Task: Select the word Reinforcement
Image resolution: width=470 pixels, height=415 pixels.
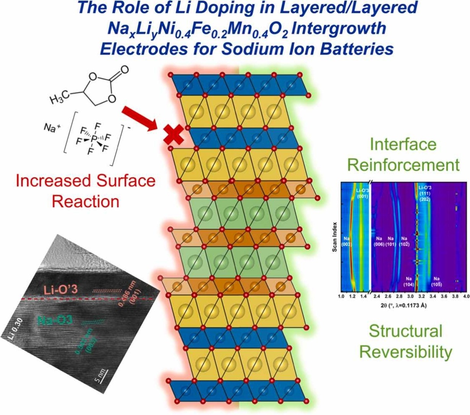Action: coord(404,165)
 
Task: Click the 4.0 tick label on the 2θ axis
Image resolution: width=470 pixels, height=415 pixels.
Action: coord(465,296)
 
